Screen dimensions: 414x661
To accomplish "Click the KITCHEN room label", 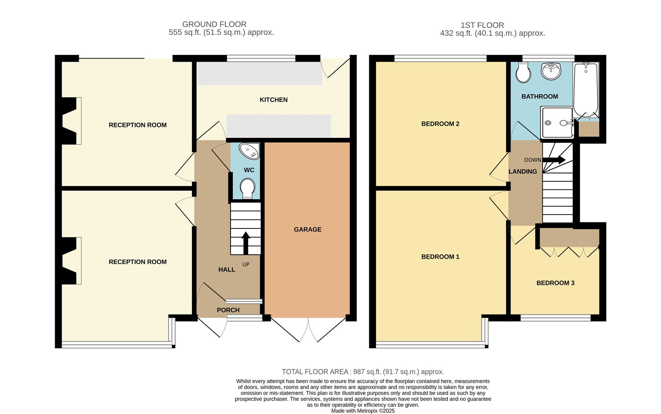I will (273, 100).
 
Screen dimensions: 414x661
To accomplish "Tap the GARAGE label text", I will (308, 230).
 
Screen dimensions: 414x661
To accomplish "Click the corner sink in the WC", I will (250, 151).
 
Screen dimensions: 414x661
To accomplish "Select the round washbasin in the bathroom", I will (551, 71).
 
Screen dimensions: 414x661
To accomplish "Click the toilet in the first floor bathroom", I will (523, 73).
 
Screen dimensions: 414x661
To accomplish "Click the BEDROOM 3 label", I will (555, 283).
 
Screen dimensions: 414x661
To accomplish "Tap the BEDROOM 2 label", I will (440, 124).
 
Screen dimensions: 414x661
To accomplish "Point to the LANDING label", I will (522, 172).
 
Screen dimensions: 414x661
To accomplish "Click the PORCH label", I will (228, 310).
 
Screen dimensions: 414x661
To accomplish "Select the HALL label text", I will (227, 269).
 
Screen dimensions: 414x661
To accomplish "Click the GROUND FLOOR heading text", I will (214, 24).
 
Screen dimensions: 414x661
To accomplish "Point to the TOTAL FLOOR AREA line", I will (363, 372).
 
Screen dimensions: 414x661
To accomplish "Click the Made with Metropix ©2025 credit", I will (363, 411).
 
